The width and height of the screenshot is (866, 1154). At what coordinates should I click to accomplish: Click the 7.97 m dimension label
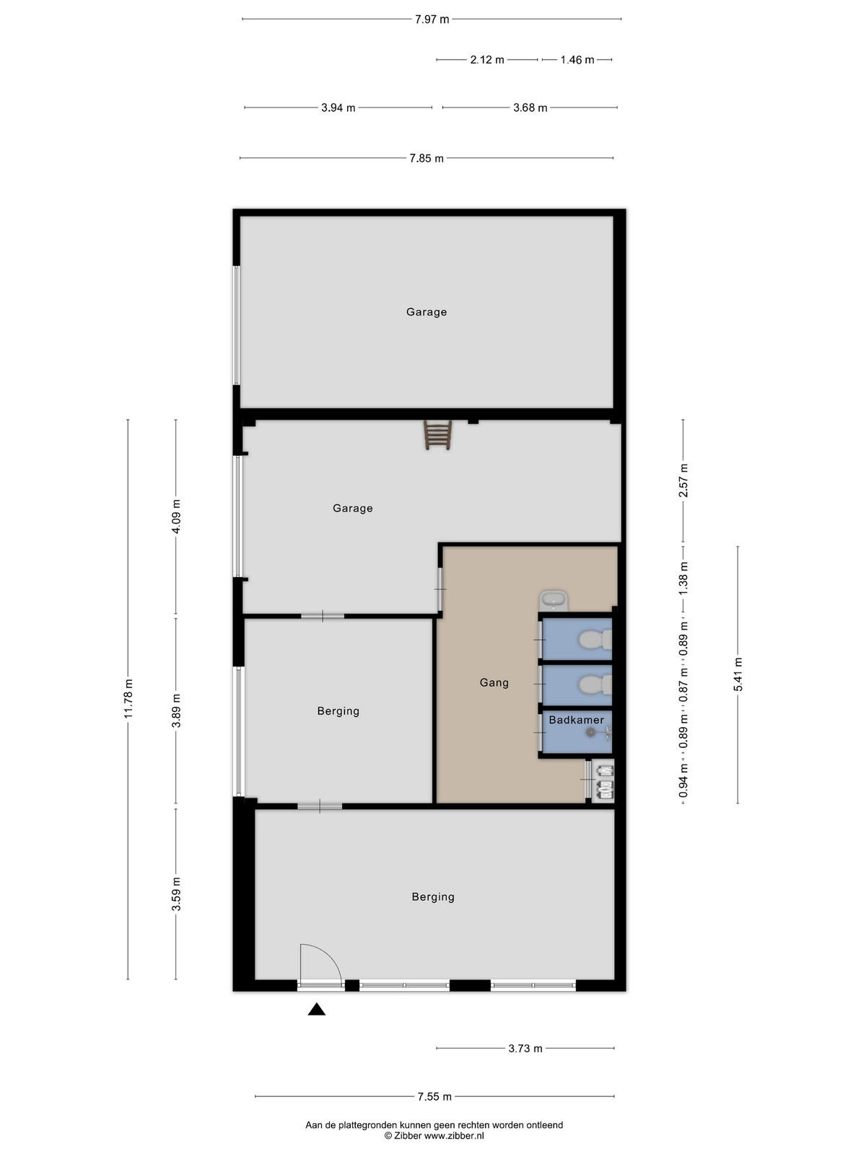432,19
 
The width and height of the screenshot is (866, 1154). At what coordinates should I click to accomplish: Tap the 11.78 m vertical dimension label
128,698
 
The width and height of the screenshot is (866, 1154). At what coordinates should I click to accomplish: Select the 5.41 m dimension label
738,675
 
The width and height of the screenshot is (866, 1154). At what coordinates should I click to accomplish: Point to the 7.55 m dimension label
434,1096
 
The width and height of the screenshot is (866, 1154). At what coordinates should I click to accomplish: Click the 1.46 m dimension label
577,60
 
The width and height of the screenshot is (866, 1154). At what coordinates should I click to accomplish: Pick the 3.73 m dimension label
525,1048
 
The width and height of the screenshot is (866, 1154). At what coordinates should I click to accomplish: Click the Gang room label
494,682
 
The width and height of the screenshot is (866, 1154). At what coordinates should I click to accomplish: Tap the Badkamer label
577,719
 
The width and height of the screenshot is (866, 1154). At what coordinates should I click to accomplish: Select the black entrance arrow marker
317,1009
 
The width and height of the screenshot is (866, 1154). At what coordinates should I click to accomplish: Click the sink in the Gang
554,600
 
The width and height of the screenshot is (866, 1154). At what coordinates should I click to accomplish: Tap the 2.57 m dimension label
683,480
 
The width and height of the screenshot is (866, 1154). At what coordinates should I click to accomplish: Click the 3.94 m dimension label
338,107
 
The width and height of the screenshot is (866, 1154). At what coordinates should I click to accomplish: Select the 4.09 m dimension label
176,516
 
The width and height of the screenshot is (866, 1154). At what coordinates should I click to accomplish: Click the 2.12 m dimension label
487,60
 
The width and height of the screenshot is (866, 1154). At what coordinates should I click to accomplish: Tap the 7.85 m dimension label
427,158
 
